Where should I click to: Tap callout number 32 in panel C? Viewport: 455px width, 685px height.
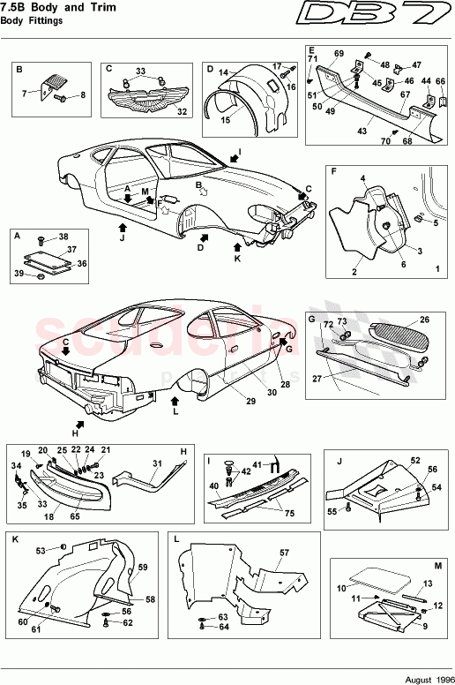pyautogui.click(x=183, y=112)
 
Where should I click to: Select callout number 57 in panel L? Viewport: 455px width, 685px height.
pyautogui.click(x=283, y=553)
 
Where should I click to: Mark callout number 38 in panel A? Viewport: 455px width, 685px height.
pyautogui.click(x=62, y=237)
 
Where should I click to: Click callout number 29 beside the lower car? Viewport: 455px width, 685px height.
pyautogui.click(x=250, y=402)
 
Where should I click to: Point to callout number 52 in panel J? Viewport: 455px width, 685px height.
pyautogui.click(x=415, y=461)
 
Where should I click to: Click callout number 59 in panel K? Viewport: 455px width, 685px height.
pyautogui.click(x=142, y=567)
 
